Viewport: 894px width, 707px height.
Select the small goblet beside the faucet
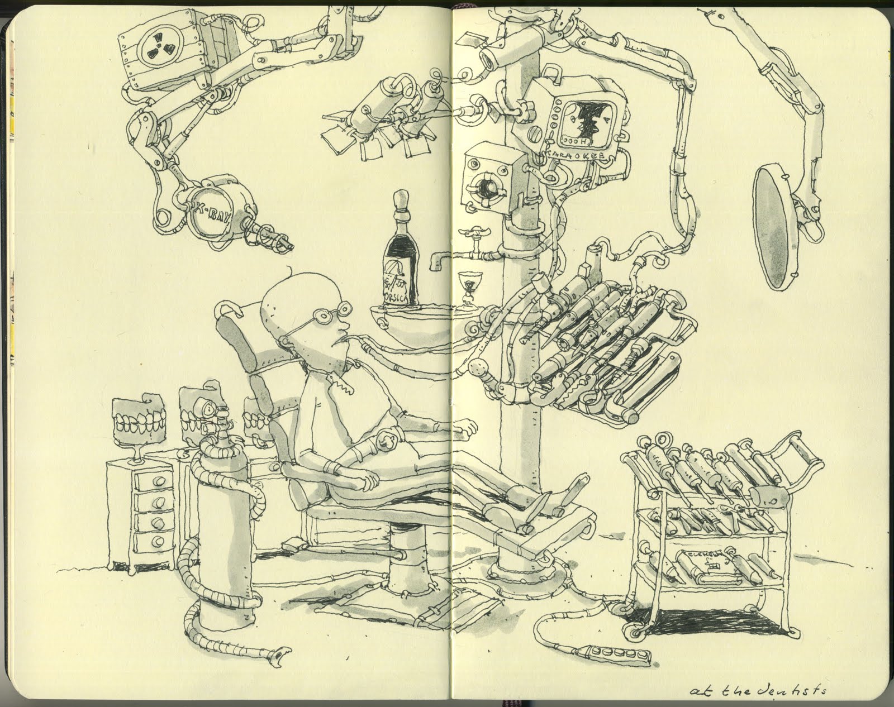465,286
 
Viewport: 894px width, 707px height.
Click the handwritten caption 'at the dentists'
779,690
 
